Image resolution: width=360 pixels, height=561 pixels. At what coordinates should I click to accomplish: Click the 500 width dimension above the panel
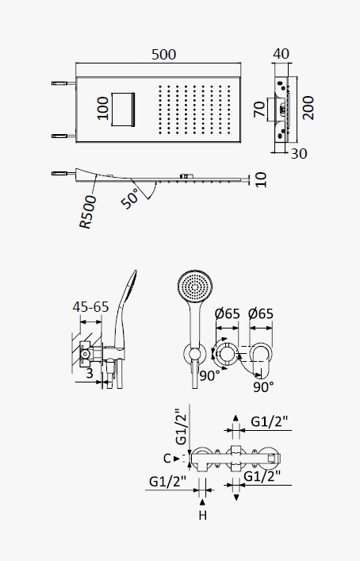coord(163,55)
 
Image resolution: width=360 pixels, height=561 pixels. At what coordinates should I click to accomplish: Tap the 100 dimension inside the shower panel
coord(103,109)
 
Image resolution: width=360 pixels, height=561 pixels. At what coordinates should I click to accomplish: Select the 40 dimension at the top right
coord(281,54)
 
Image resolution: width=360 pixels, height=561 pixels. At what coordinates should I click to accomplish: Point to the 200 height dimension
coord(308,108)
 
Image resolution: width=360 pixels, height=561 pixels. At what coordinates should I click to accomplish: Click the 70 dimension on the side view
coord(260,109)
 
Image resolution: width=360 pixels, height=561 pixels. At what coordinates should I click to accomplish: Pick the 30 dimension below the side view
coord(299,153)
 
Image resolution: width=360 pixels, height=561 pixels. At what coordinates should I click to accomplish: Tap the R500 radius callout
coord(88,212)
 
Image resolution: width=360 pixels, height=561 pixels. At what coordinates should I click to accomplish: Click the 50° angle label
coord(130,198)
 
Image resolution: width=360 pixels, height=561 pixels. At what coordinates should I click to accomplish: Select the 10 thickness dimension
coord(262,179)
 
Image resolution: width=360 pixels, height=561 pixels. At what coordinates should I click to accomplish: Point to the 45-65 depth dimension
coord(90,306)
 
